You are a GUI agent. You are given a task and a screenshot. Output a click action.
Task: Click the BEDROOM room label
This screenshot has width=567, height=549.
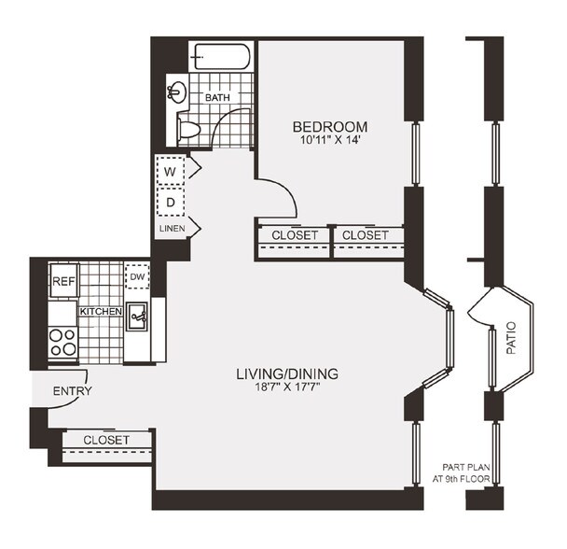tap(329, 127)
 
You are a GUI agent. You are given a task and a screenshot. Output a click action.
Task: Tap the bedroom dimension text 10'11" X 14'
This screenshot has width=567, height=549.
tap(329, 142)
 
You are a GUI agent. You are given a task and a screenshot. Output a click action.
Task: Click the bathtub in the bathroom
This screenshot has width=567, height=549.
tap(221, 57)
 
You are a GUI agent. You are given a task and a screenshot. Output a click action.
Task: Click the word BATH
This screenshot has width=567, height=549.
tap(218, 96)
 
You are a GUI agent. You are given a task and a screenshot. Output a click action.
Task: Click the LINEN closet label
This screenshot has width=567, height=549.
tap(171, 228)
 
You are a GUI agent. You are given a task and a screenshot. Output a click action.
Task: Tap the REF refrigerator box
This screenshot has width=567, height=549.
tap(62, 281)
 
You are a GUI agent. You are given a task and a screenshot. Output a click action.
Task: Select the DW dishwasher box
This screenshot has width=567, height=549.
tap(137, 276)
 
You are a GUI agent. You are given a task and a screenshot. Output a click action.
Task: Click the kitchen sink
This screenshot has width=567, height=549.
tap(138, 317)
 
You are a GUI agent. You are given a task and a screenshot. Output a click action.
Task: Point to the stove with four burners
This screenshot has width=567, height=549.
tap(62, 342)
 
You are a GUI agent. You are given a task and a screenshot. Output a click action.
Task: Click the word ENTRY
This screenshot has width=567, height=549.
tap(72, 390)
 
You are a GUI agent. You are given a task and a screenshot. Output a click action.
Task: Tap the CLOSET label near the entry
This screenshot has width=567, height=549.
tap(105, 439)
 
